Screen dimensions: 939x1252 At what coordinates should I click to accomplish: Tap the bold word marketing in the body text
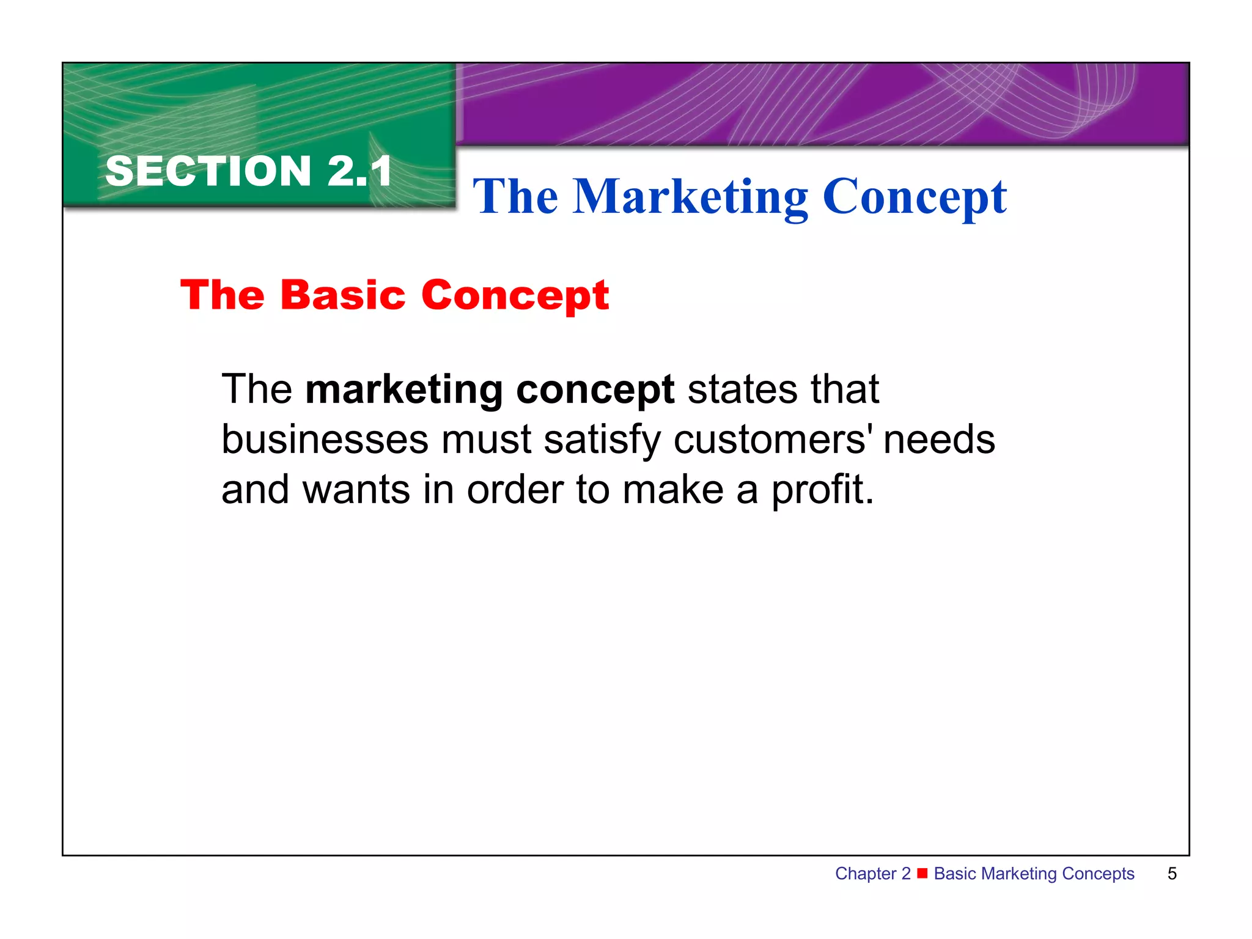click(404, 390)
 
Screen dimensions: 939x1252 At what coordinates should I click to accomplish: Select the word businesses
click(325, 440)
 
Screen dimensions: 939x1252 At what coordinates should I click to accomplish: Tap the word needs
click(939, 440)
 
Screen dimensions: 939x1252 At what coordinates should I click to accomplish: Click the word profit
click(822, 491)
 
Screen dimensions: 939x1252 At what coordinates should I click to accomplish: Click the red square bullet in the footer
click(922, 872)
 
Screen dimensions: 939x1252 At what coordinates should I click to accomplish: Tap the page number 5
click(1172, 874)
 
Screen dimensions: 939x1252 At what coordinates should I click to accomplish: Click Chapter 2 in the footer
click(872, 874)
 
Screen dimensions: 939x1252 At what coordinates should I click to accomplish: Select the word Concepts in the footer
click(1098, 874)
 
